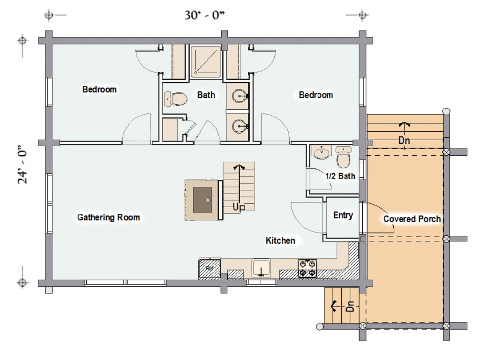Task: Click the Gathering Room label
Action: pyautogui.click(x=109, y=217)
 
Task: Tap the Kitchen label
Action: pyautogui.click(x=280, y=240)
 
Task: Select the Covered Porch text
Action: pyautogui.click(x=412, y=219)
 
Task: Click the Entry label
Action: pyautogui.click(x=343, y=215)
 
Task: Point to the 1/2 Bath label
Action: pyautogui.click(x=340, y=176)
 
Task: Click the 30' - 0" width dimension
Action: pyautogui.click(x=204, y=15)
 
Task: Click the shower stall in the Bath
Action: pyautogui.click(x=206, y=61)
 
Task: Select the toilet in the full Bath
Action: pyautogui.click(x=175, y=98)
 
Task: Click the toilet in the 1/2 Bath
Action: pyautogui.click(x=343, y=157)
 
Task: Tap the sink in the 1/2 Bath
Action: pyautogui.click(x=322, y=152)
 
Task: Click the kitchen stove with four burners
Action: pyautogui.click(x=307, y=269)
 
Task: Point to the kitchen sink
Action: pyautogui.click(x=261, y=269)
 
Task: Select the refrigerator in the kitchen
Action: pyautogui.click(x=210, y=269)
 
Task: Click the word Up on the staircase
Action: pyautogui.click(x=239, y=207)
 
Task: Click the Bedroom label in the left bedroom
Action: pyautogui.click(x=99, y=90)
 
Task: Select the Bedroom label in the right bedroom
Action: pyautogui.click(x=316, y=95)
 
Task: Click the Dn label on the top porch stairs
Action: pyautogui.click(x=404, y=141)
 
